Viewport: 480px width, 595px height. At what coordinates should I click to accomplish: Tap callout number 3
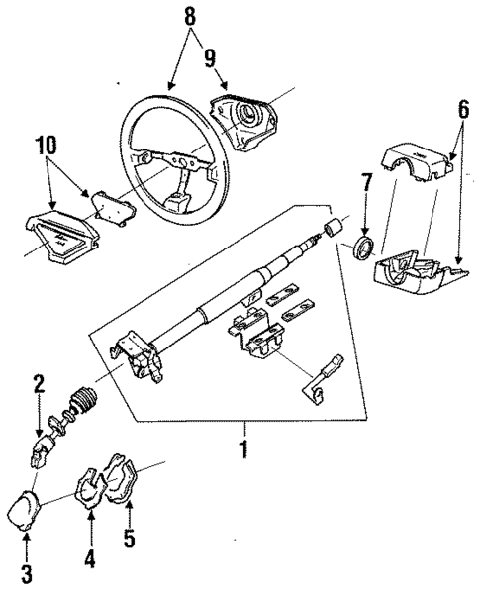coord(26,574)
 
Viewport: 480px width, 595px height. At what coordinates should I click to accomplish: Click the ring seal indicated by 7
coord(365,247)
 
